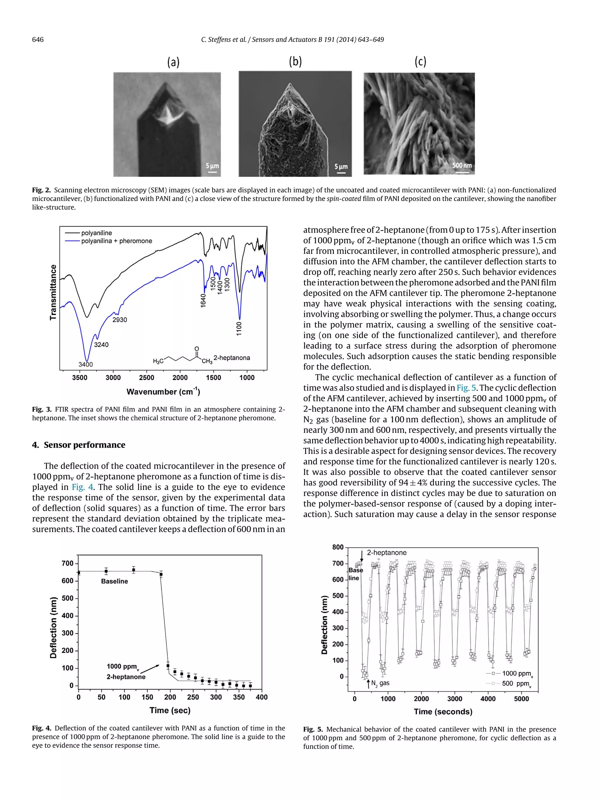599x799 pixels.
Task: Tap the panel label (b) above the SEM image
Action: (x=295, y=61)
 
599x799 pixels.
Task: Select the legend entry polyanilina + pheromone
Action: (x=116, y=241)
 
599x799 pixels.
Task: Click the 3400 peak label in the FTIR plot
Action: (x=86, y=365)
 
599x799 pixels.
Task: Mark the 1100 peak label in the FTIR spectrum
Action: (x=239, y=329)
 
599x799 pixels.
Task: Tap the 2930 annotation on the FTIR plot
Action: (x=120, y=320)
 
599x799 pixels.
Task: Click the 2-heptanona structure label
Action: (x=231, y=358)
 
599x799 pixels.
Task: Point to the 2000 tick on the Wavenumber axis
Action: (x=180, y=377)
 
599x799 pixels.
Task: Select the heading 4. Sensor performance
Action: (x=79, y=445)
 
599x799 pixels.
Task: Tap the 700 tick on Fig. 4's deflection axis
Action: (x=68, y=563)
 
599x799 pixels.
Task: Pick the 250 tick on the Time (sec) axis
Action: (x=193, y=697)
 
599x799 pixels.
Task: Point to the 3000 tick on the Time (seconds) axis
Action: (x=455, y=699)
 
